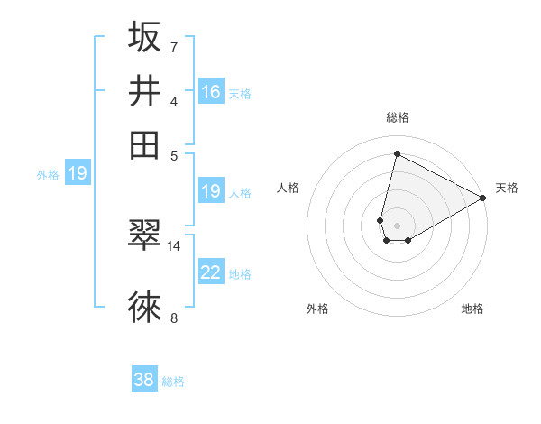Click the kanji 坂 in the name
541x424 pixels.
pos(144,38)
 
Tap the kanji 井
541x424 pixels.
pos(144,90)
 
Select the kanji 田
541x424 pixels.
pos(144,143)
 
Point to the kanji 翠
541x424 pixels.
pos(144,235)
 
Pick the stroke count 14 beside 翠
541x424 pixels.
pos(174,245)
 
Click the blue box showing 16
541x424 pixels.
pos(211,92)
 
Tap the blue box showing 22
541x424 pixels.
pos(211,272)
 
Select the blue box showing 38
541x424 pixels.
pos(144,380)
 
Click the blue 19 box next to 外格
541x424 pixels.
pos(78,173)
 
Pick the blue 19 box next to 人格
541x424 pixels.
pos(211,191)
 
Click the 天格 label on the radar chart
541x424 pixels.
pos(507,188)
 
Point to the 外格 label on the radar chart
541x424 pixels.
pos(317,309)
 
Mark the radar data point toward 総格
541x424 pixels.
pos(397,152)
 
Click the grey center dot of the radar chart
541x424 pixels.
pos(397,226)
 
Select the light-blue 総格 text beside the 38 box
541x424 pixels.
pos(173,382)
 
